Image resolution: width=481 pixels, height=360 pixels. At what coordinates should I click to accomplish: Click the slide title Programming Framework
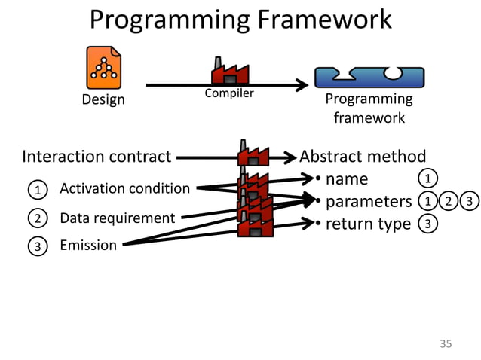(240, 20)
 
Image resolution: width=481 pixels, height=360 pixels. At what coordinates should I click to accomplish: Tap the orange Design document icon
(103, 67)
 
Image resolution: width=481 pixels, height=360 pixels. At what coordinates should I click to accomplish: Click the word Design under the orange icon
(103, 99)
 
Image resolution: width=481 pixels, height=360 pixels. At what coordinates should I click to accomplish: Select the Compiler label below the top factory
(229, 94)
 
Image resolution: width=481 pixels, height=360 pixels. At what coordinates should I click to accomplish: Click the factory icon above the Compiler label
(229, 72)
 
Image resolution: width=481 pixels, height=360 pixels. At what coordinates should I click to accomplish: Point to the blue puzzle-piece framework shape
(369, 76)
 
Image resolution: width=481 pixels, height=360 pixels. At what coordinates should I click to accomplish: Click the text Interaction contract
(97, 157)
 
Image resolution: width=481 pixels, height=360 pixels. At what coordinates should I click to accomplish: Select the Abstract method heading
(363, 157)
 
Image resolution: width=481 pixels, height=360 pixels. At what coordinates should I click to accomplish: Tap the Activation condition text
(124, 188)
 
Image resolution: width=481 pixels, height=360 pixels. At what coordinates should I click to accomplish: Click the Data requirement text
(117, 218)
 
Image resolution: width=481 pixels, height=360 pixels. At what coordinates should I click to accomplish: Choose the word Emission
(88, 245)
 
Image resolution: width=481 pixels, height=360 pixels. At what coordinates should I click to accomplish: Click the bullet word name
(346, 179)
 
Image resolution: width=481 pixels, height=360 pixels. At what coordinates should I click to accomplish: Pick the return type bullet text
(368, 224)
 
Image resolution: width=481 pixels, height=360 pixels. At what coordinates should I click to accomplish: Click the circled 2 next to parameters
(449, 201)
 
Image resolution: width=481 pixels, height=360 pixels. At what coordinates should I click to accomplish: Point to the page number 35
(445, 344)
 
